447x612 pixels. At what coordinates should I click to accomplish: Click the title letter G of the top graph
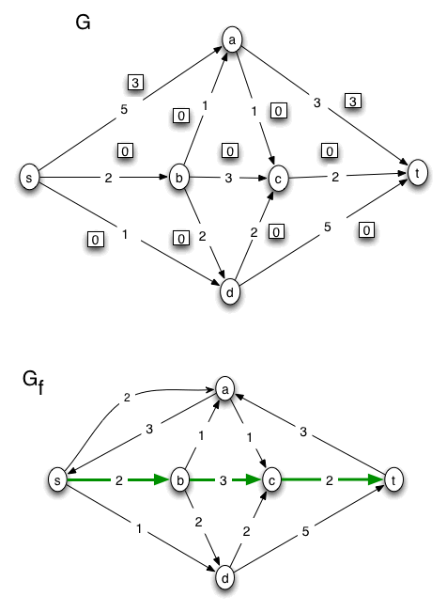click(83, 23)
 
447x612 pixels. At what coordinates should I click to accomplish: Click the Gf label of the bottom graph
click(32, 381)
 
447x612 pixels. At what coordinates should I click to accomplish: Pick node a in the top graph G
click(230, 39)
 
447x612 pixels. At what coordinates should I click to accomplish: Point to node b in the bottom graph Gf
click(179, 480)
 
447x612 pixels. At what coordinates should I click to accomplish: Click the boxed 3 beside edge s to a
click(136, 85)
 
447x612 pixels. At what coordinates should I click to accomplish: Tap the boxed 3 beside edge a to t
click(353, 100)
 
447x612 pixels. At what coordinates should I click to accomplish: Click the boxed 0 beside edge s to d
click(93, 240)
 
